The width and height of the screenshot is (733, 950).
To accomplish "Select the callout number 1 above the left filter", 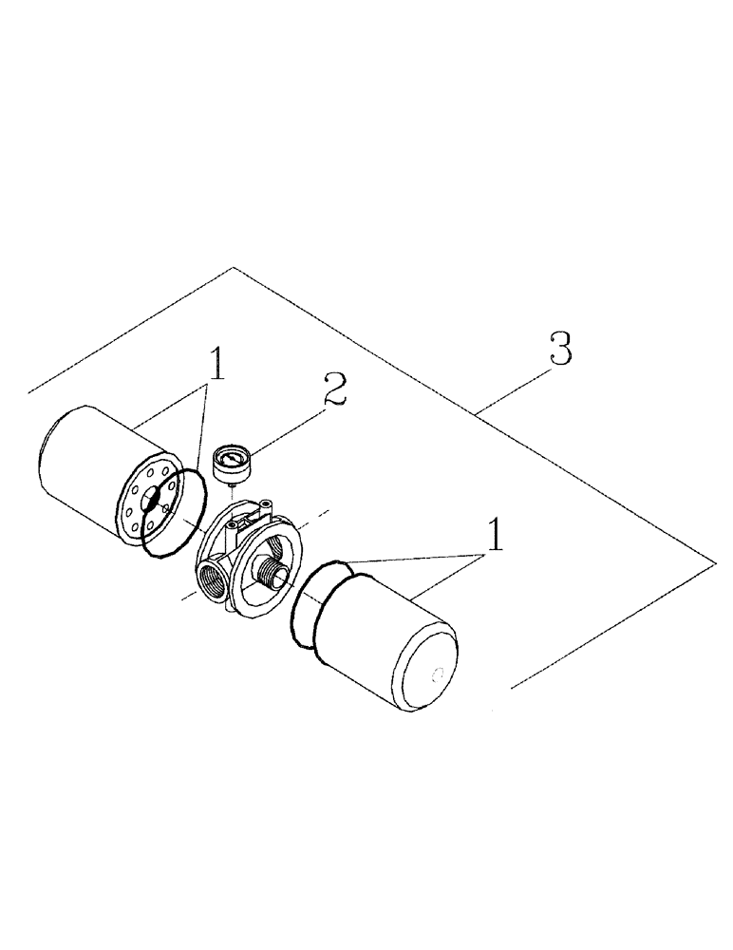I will [x=217, y=364].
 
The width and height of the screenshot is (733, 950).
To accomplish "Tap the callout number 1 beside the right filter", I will [x=495, y=539].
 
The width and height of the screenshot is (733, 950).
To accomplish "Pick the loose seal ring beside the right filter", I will [x=313, y=603].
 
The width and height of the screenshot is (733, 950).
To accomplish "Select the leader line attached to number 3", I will [x=512, y=389].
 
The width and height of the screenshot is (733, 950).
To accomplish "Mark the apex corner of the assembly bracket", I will [x=232, y=269].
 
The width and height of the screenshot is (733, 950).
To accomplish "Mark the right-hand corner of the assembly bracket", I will [x=713, y=562].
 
